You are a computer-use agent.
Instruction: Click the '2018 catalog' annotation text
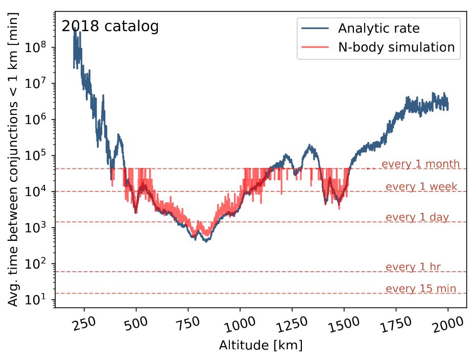point(110,27)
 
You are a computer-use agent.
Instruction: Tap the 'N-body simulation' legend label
point(396,47)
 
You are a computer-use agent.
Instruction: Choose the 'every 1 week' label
point(421,187)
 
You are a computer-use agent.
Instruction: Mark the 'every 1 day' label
point(417,218)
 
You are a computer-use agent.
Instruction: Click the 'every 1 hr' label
point(413,267)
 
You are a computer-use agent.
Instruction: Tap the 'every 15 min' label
point(421,289)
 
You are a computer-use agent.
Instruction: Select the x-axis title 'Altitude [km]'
point(260,346)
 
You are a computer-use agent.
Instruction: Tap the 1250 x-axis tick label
point(290,325)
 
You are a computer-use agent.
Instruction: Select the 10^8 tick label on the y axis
point(41,47)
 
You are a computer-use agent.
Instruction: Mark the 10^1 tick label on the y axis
point(41,299)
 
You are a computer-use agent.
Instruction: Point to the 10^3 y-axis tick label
point(41,227)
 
